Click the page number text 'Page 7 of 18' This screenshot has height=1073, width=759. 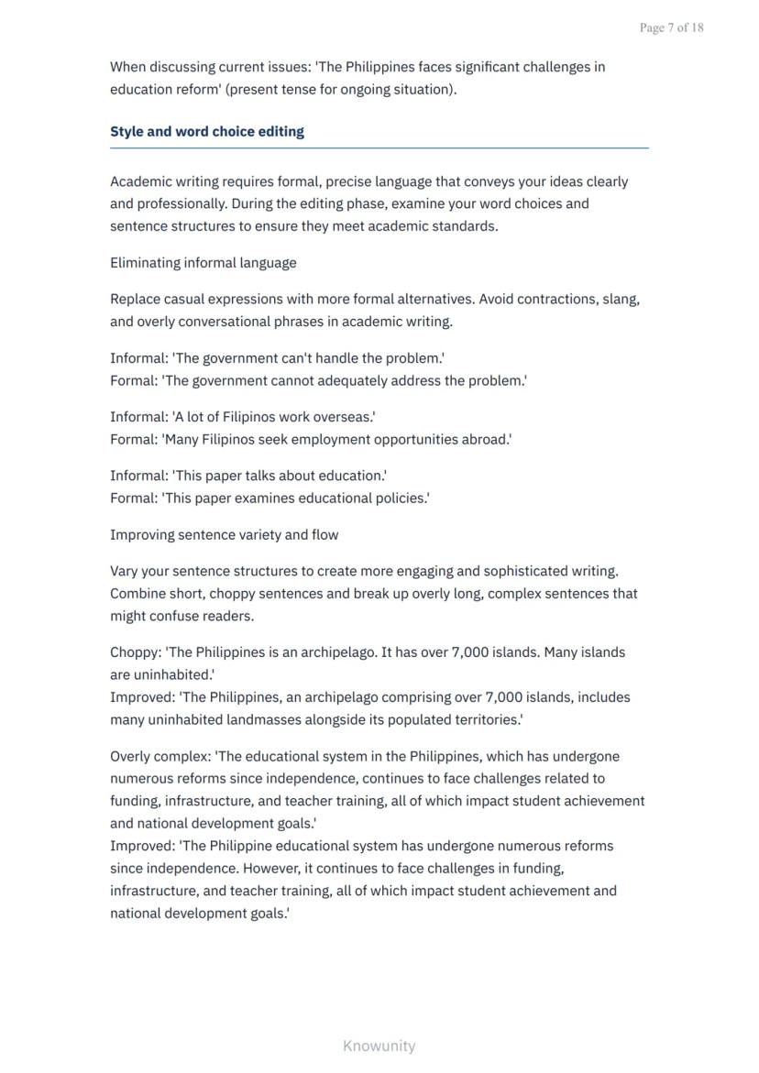click(671, 27)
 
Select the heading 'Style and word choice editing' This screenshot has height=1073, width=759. click(207, 131)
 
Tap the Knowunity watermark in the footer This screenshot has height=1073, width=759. click(379, 1046)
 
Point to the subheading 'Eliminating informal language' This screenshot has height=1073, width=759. click(203, 263)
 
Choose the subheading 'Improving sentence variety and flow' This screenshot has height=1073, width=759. click(225, 535)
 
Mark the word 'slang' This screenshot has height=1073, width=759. click(620, 300)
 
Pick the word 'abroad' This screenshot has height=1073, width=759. click(487, 440)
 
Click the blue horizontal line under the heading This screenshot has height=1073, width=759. click(379, 148)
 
